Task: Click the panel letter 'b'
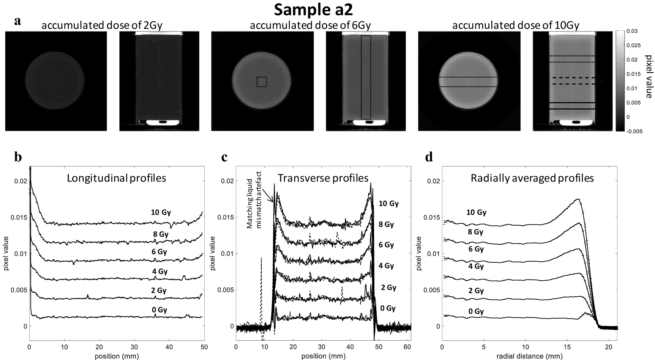17,157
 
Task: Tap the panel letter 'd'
429,157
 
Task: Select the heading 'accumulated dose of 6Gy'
310,26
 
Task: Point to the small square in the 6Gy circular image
262,82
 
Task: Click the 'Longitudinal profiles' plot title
117,178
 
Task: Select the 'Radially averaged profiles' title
532,178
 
